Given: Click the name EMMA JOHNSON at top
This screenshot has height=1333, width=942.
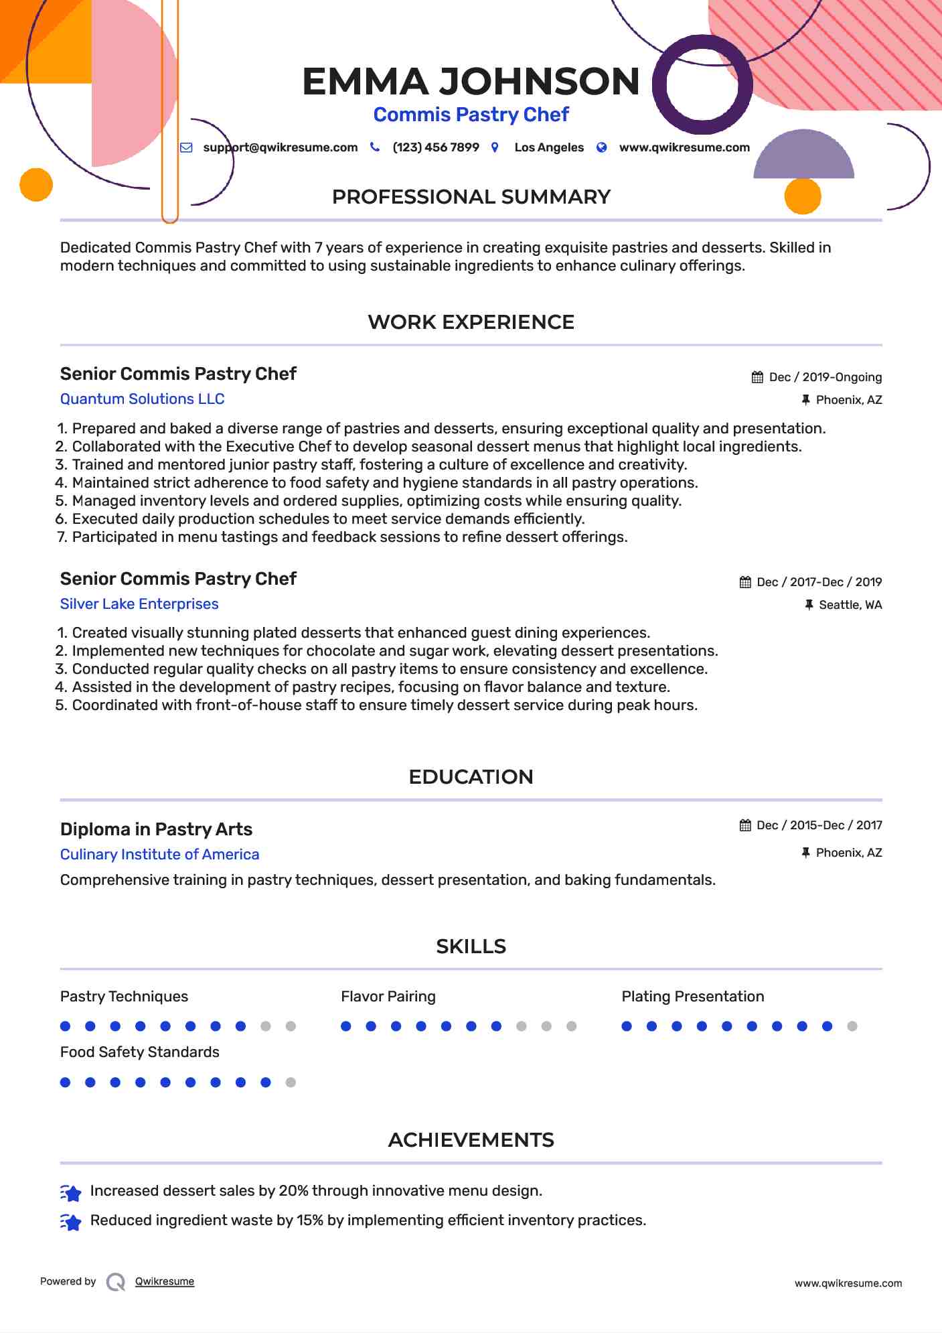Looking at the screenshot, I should click(x=471, y=82).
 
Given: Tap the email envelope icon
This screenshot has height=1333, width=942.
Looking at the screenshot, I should click(x=187, y=147).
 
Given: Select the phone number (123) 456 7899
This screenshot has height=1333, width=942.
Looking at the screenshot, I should click(x=435, y=147).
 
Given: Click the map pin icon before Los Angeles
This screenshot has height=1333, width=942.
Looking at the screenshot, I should click(x=495, y=147).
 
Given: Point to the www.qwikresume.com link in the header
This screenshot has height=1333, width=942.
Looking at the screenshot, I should click(x=684, y=147).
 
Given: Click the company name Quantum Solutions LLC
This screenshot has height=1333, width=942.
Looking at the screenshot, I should click(x=142, y=399).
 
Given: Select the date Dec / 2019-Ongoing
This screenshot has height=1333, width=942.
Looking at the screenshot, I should click(x=825, y=377).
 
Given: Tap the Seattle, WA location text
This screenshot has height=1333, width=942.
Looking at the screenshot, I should click(x=850, y=605).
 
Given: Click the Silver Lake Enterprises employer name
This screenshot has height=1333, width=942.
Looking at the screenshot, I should click(x=139, y=604).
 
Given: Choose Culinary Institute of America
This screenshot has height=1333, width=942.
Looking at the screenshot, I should click(x=159, y=855).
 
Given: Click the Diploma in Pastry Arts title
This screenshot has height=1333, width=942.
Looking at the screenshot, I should click(x=156, y=829).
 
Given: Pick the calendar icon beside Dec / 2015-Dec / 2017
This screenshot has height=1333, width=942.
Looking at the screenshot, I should click(x=745, y=825).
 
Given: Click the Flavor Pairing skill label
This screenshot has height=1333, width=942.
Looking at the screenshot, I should click(x=388, y=997).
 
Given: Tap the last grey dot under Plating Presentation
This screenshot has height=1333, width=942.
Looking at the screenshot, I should click(x=852, y=1026).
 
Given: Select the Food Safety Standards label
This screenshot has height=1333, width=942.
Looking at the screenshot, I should click(x=139, y=1052).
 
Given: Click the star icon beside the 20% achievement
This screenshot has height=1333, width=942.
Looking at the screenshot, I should click(x=71, y=1192).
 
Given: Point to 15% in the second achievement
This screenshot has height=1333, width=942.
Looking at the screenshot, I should click(x=310, y=1220).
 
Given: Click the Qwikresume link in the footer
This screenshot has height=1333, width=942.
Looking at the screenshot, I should click(x=164, y=1281).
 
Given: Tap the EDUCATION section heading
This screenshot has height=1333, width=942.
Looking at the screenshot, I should click(x=471, y=777).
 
